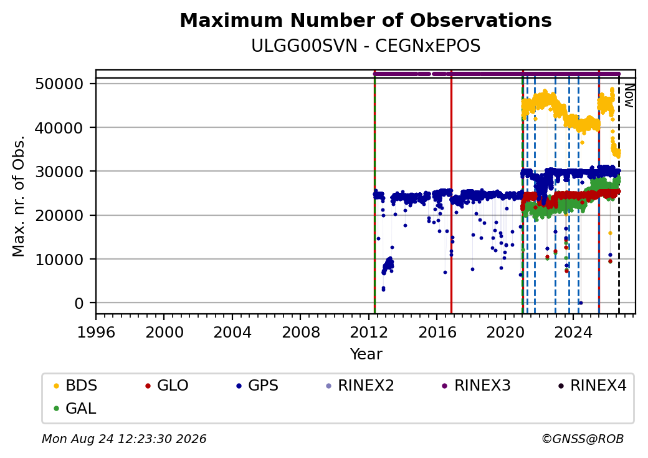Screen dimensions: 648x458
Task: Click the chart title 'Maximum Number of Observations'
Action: click(366, 20)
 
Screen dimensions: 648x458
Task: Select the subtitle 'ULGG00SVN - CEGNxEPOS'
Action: click(366, 46)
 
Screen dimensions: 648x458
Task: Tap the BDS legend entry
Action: click(75, 386)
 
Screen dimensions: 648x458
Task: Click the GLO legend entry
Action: click(167, 386)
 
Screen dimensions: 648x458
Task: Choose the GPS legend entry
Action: click(257, 386)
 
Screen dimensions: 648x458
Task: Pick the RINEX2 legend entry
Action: click(360, 386)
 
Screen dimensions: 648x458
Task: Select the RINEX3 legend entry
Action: click(477, 386)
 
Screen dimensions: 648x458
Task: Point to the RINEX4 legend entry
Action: click(592, 386)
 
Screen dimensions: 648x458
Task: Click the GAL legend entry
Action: click(75, 408)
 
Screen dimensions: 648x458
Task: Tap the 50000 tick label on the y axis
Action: click(60, 84)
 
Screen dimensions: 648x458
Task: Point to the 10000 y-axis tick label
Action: click(60, 260)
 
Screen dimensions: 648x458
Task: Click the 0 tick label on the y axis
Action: click(79, 304)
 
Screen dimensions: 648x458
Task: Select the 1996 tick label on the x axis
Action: click(96, 332)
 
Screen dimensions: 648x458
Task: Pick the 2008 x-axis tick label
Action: click(301, 332)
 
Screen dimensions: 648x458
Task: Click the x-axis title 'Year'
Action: click(366, 354)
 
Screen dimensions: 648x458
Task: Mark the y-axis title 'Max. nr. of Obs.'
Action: click(19, 196)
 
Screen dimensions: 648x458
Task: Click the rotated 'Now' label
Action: click(629, 95)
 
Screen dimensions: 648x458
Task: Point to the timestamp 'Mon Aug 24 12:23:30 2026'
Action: click(124, 439)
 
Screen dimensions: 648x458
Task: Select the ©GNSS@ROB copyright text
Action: click(583, 439)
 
